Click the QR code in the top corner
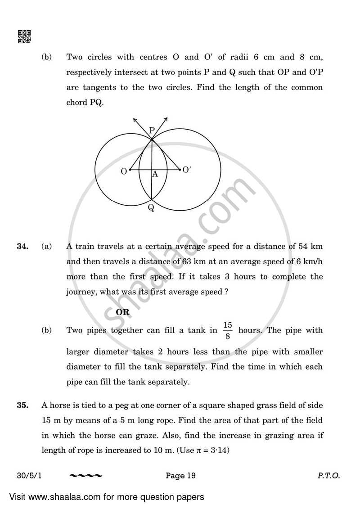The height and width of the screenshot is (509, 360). [x=24, y=37]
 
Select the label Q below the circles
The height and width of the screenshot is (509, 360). [x=151, y=207]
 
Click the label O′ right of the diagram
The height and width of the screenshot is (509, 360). [x=187, y=170]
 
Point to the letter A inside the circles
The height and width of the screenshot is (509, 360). [x=155, y=174]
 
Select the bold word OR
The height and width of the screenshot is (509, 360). [x=122, y=312]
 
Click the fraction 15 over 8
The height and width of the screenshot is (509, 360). [x=227, y=330]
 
